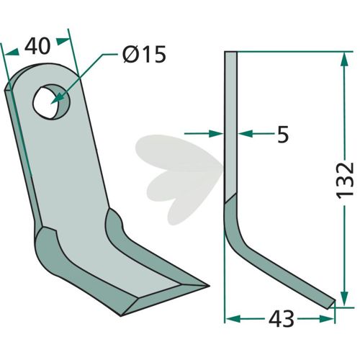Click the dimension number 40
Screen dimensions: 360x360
(x=37, y=46)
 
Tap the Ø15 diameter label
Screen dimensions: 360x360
(x=144, y=54)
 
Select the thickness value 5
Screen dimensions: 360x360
(x=283, y=134)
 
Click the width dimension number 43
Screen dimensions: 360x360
(x=281, y=319)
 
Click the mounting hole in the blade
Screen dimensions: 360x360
(x=51, y=102)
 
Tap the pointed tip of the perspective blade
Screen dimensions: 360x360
(x=209, y=286)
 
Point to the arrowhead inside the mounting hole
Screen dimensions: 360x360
(x=57, y=99)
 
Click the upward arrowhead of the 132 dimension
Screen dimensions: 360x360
(x=345, y=60)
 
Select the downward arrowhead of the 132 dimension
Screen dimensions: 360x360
(x=345, y=298)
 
